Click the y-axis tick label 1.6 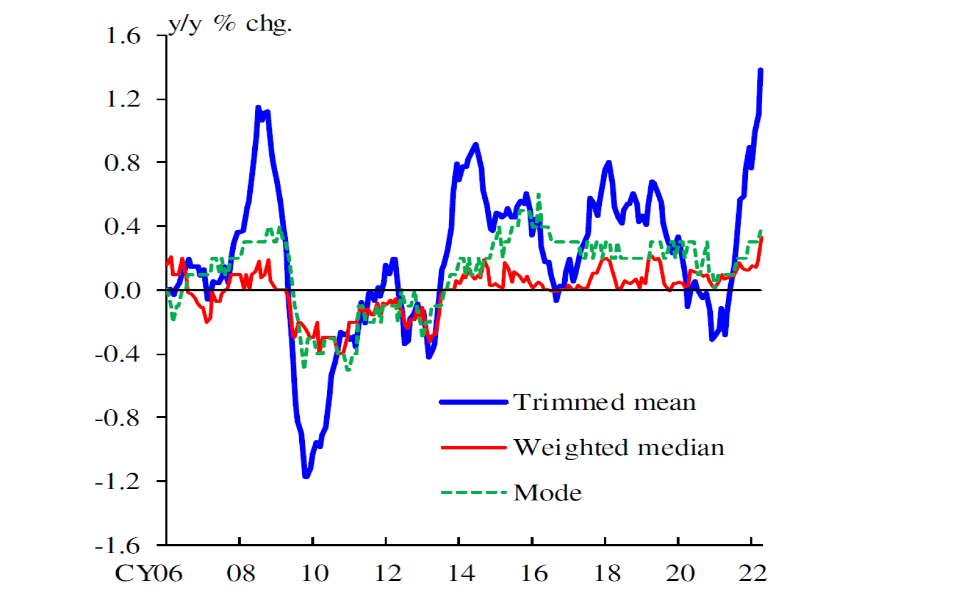pyautogui.click(x=122, y=36)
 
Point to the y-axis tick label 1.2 pyautogui.click(x=122, y=99)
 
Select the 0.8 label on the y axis pyautogui.click(x=122, y=163)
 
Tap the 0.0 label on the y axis pyautogui.click(x=122, y=290)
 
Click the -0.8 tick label pyautogui.click(x=117, y=418)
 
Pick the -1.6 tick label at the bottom pyautogui.click(x=117, y=546)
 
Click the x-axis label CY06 pyautogui.click(x=148, y=574)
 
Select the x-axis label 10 pyautogui.click(x=315, y=574)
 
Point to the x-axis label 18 pyautogui.click(x=607, y=574)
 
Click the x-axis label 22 pyautogui.click(x=753, y=574)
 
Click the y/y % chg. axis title pyautogui.click(x=230, y=24)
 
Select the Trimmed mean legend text pyautogui.click(x=605, y=402)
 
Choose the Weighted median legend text pyautogui.click(x=619, y=448)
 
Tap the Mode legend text pyautogui.click(x=547, y=493)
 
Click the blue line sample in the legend pyautogui.click(x=474, y=402)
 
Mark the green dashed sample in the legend pyautogui.click(x=474, y=492)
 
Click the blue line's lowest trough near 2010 pyautogui.click(x=307, y=475)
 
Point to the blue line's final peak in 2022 pyautogui.click(x=760, y=70)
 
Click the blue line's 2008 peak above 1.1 pyautogui.click(x=258, y=107)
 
